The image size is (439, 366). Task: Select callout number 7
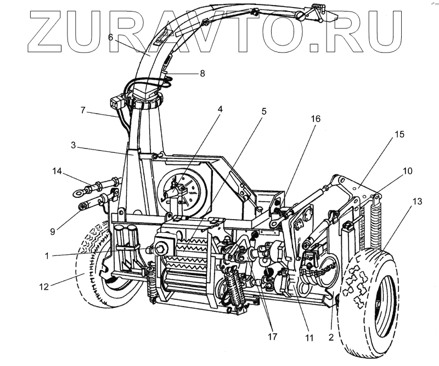pos(83,110)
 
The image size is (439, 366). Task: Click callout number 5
pos(264,111)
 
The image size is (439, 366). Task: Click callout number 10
pos(407,171)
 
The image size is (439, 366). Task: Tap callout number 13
pos(419,202)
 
